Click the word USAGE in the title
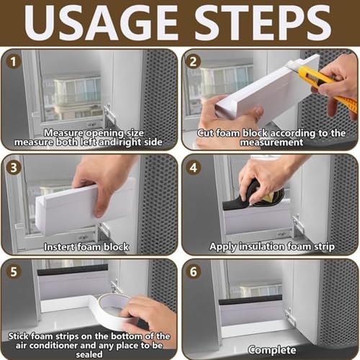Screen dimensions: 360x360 tap(101, 23)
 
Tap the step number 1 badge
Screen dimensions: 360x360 tap(14, 62)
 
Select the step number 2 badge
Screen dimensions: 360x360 tap(194, 61)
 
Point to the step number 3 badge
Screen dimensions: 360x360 tap(14, 167)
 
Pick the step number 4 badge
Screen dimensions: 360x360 tap(194, 167)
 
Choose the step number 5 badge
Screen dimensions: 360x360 tap(14, 271)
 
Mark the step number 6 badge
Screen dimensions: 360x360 tap(194, 271)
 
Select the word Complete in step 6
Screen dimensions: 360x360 tap(272, 350)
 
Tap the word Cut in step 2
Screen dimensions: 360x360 tap(205, 133)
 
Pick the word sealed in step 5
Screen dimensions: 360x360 tap(89, 354)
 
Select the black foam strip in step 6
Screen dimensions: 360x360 tap(251, 300)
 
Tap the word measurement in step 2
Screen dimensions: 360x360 tap(271, 143)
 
